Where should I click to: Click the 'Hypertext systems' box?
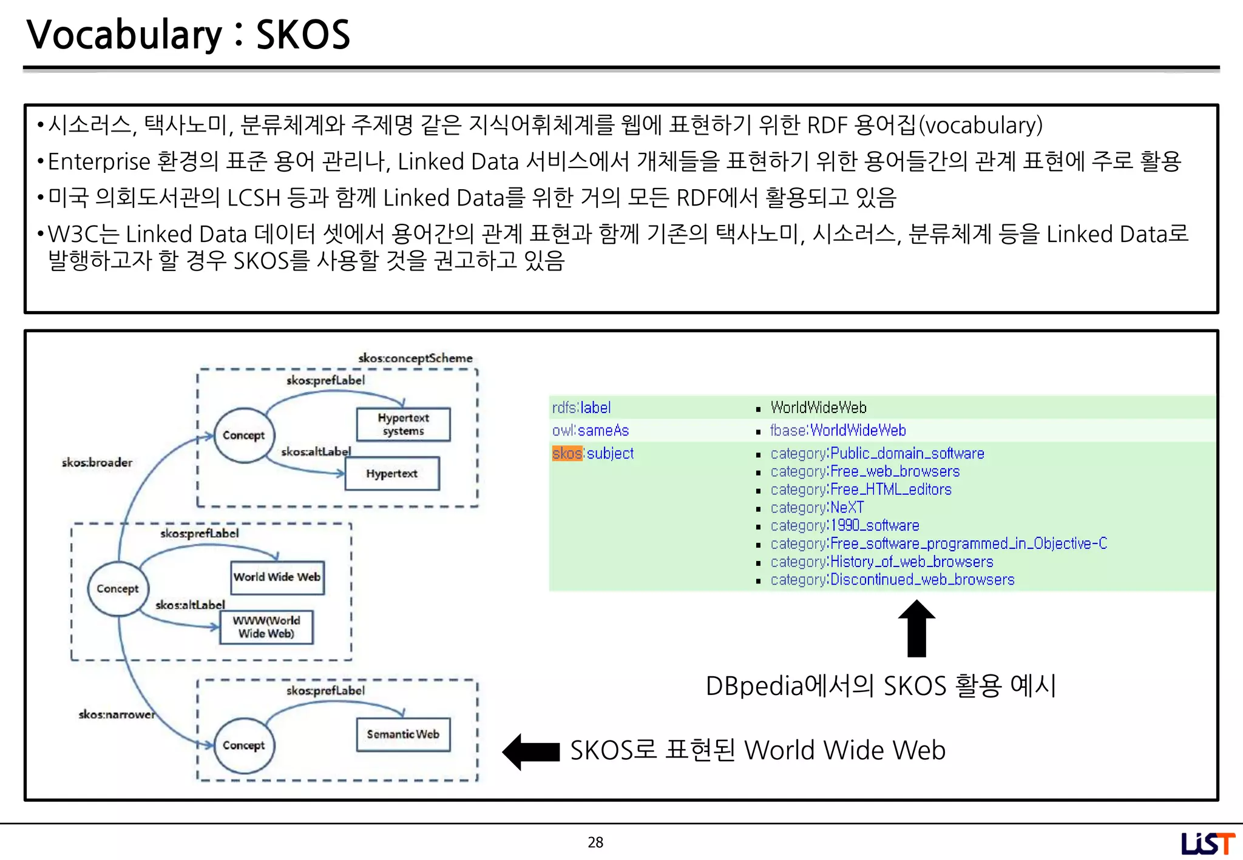click(x=404, y=425)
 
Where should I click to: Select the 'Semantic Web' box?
click(x=404, y=734)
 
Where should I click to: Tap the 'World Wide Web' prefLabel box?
click(x=277, y=577)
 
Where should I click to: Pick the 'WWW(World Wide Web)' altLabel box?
click(x=266, y=627)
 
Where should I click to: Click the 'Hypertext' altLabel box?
click(x=392, y=474)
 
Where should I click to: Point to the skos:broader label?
click(x=97, y=463)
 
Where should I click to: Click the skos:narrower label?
click(x=117, y=714)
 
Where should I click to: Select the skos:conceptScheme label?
click(x=415, y=358)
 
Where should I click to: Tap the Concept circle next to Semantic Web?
click(x=244, y=745)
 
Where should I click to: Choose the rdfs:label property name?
click(x=581, y=408)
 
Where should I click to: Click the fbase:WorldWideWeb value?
click(x=838, y=431)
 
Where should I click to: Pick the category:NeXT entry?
click(x=817, y=508)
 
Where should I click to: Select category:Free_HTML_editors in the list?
click(x=861, y=489)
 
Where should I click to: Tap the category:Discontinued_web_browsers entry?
click(x=892, y=580)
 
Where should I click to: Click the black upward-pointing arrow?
click(x=916, y=628)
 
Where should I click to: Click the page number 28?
click(x=595, y=842)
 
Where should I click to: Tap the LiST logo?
click(x=1207, y=844)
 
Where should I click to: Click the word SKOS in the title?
click(x=303, y=35)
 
